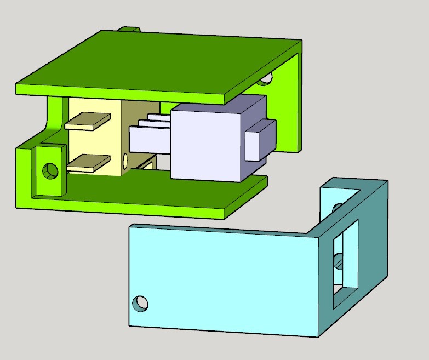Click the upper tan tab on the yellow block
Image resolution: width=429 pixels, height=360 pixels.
pos(87,121)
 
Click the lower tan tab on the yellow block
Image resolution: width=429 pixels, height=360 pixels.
pos(88,163)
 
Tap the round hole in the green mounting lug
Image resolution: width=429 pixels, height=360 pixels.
pos(51,171)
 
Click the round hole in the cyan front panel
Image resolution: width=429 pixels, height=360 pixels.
pos(141,303)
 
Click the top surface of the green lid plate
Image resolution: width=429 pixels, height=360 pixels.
pos(159,63)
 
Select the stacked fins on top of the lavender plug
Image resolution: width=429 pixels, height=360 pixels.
pos(156,120)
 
